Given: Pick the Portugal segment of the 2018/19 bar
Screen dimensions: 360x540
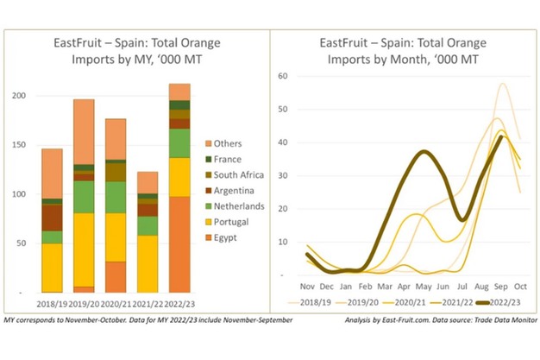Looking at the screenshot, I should (52, 268).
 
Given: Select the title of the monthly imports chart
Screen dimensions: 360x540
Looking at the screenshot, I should (404, 50).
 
